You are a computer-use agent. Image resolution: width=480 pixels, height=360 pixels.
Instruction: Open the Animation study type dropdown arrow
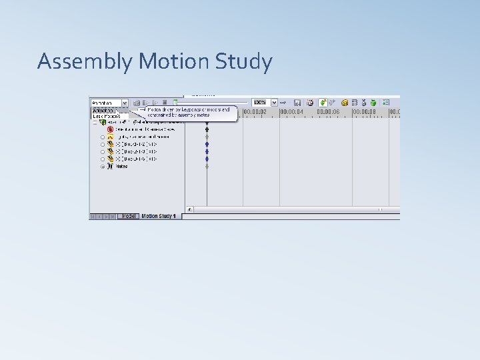pos(125,103)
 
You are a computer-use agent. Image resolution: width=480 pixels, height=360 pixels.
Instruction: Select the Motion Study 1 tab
pos(159,216)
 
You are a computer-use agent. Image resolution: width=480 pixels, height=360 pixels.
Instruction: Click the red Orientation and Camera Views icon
pos(109,129)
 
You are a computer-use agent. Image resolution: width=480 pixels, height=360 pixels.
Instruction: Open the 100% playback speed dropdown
pos(274,103)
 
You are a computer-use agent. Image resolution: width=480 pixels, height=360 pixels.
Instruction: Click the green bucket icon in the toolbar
pos(373,103)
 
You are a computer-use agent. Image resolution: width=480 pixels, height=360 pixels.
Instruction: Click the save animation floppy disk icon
pos(297,103)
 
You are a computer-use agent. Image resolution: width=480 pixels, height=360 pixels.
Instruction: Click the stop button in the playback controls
pos(164,103)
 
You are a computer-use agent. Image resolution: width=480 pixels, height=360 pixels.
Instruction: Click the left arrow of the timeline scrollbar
pos(189,209)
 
